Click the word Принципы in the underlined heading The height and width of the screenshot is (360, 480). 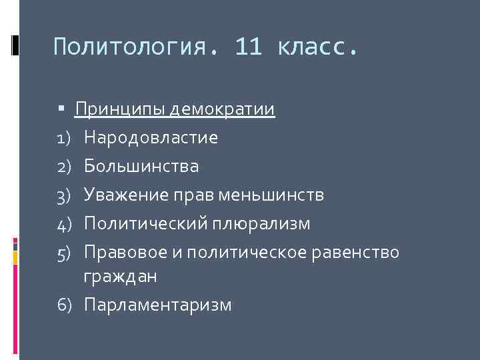(120, 109)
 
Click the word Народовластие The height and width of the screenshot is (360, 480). (151, 137)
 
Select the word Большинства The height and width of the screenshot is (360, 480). (141, 166)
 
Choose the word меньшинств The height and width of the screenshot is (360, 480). (272, 195)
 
